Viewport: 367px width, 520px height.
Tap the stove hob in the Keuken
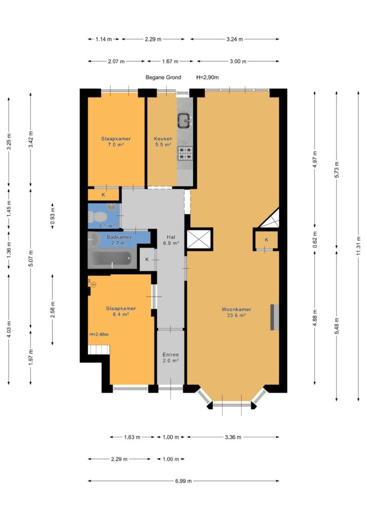[x=185, y=153]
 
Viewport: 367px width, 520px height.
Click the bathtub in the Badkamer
[x=112, y=258]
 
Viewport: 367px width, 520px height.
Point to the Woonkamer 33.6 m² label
[x=236, y=312]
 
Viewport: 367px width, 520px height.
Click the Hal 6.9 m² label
[x=171, y=240]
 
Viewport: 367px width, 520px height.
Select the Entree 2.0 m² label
[x=171, y=357]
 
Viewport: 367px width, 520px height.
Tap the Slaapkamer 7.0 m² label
[x=116, y=142]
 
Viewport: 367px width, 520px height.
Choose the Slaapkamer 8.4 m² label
[x=121, y=311]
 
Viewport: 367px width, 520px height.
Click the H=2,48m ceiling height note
[x=99, y=334]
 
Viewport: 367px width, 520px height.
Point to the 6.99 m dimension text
[x=183, y=481]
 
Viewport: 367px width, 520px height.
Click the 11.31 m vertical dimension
[x=359, y=246]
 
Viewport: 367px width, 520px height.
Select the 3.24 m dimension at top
[x=235, y=39]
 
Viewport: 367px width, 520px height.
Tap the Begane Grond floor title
[x=164, y=77]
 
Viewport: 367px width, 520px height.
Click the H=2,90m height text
[x=207, y=77]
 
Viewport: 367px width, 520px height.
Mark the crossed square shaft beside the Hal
[x=199, y=239]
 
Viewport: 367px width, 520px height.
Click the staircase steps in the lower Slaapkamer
[x=99, y=349]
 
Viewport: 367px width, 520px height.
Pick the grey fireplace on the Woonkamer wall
[x=275, y=317]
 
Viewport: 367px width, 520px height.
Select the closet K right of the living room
[x=267, y=240]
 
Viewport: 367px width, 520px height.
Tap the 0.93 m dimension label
[x=53, y=216]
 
